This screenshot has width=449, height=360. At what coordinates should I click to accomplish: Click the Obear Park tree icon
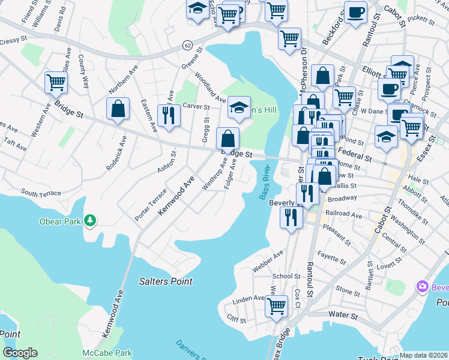coord(90,221)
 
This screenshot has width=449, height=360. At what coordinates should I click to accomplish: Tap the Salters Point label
coord(166,281)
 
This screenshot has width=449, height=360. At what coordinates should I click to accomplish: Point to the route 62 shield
coord(188,45)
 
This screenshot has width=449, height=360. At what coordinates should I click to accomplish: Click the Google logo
coord(20,353)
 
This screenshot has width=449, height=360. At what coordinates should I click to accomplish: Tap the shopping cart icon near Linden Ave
coord(277,305)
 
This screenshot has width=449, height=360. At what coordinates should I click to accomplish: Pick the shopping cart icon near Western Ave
coord(56,82)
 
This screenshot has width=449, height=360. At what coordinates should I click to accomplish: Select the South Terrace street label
coord(41,193)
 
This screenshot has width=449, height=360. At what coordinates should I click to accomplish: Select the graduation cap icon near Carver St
coord(239,108)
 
